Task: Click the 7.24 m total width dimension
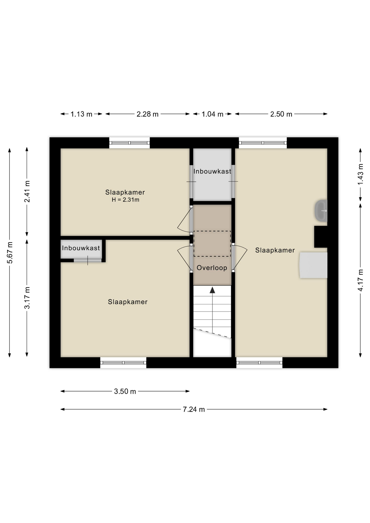point(194,409)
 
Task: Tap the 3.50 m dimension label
point(125,391)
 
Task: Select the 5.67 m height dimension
point(10,253)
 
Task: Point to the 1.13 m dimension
point(81,114)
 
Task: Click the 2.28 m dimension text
point(147,114)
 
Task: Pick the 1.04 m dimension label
point(212,114)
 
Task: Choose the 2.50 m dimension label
point(281,114)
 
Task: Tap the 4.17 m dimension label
point(360,280)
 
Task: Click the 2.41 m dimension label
point(27,191)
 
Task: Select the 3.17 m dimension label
point(27,298)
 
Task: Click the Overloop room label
point(212,268)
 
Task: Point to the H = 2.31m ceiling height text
point(125,200)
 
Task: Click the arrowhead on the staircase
point(212,290)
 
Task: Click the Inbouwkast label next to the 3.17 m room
point(81,248)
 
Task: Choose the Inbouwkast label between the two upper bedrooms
point(212,171)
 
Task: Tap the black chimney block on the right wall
point(321,237)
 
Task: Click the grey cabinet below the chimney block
point(313,265)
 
